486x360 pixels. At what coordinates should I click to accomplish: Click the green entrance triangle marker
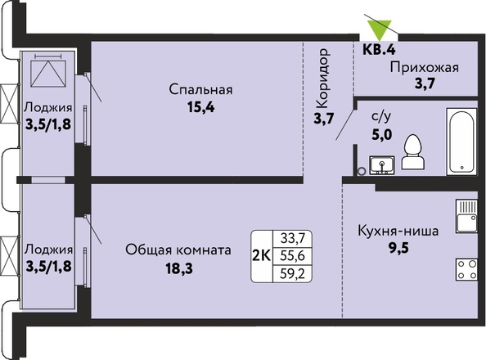pos(379,29)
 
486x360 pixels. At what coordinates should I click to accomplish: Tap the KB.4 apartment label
pos(380,49)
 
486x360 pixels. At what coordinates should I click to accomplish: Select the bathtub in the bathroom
pos(461,142)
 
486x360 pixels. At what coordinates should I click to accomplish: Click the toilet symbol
pos(413,152)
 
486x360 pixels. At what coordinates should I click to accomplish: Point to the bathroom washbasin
pos(381,164)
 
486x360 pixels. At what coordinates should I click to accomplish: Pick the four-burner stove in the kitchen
pos(466,269)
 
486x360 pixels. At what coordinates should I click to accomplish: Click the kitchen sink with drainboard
pos(466,216)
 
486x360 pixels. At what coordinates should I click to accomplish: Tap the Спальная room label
pos(200,90)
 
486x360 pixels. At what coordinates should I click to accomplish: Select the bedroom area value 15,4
pos(200,107)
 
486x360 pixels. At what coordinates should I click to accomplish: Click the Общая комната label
pos(178,250)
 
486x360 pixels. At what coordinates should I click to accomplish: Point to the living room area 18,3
pos(179,268)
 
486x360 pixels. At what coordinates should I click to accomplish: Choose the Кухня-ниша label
pos(398,231)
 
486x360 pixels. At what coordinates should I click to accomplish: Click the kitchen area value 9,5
pos(399,248)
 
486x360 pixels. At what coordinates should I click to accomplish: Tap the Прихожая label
pos(424,67)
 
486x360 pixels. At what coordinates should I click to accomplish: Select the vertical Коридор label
pos(323,78)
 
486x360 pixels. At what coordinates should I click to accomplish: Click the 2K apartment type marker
pos(262,256)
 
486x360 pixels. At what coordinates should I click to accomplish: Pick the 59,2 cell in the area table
pos(292,274)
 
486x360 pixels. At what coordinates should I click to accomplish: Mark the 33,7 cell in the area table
pos(292,238)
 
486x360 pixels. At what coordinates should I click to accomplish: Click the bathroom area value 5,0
pos(381,134)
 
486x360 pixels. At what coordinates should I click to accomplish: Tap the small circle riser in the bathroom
pos(362,171)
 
